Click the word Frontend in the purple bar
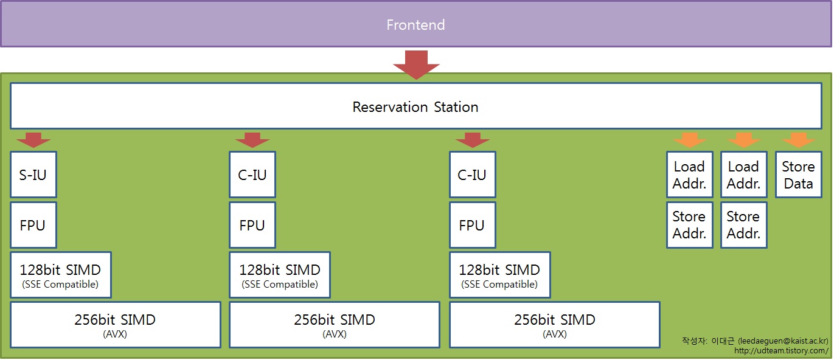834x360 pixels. [415, 25]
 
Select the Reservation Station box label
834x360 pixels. [415, 107]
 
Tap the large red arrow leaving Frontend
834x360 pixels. [416, 65]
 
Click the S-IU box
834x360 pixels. [33, 175]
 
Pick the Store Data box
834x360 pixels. [798, 175]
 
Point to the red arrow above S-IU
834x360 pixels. [33, 140]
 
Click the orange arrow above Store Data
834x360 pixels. [798, 140]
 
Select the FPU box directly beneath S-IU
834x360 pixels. [33, 225]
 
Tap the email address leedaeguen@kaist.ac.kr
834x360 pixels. [783, 341]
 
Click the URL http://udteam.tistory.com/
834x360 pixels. [781, 351]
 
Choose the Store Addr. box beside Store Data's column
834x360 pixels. [744, 225]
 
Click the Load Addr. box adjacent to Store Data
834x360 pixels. [744, 175]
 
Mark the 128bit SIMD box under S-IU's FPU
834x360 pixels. [61, 275]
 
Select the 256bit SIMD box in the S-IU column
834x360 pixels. [116, 325]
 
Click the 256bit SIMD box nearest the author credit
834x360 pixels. [555, 325]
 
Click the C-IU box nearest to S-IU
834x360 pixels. [252, 175]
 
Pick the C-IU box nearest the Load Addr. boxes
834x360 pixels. [473, 175]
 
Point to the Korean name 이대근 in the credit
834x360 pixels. [723, 341]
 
